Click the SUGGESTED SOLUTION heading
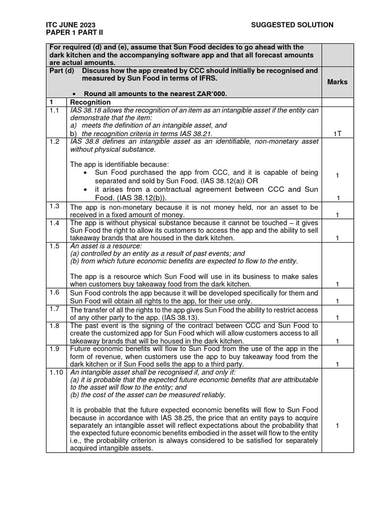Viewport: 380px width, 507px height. point(292,25)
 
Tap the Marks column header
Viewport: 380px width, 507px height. point(337,82)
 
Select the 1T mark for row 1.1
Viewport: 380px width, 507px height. point(337,134)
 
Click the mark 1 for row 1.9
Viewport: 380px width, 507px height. point(337,365)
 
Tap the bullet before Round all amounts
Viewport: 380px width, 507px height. point(74,94)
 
